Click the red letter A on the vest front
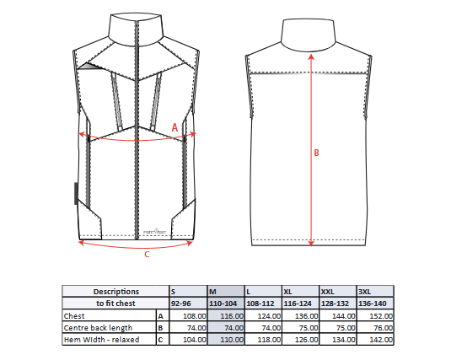tap(174, 127)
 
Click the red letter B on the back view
tap(316, 153)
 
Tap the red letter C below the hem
tap(147, 255)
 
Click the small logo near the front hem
tap(155, 231)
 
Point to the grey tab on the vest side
tap(76, 193)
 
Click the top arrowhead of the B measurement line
tap(311, 56)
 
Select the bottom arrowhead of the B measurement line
tap(311, 244)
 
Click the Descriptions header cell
tap(116, 292)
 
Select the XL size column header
tap(300, 292)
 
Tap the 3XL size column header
tap(375, 292)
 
